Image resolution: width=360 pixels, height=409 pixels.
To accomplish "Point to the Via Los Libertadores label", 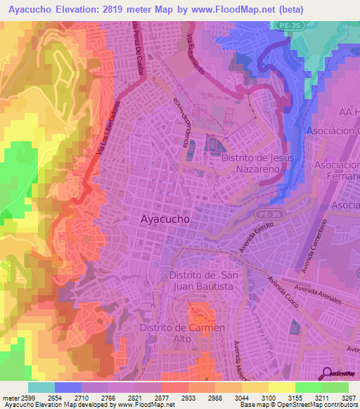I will pyautogui.click(x=104, y=136).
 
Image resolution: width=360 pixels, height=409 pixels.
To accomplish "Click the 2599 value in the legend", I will pyautogui.click(x=20, y=398).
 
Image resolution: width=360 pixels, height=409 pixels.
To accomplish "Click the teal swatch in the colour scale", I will pyautogui.click(x=41, y=387).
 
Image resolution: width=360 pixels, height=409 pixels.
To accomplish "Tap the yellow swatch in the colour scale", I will pyautogui.click(x=281, y=387).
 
